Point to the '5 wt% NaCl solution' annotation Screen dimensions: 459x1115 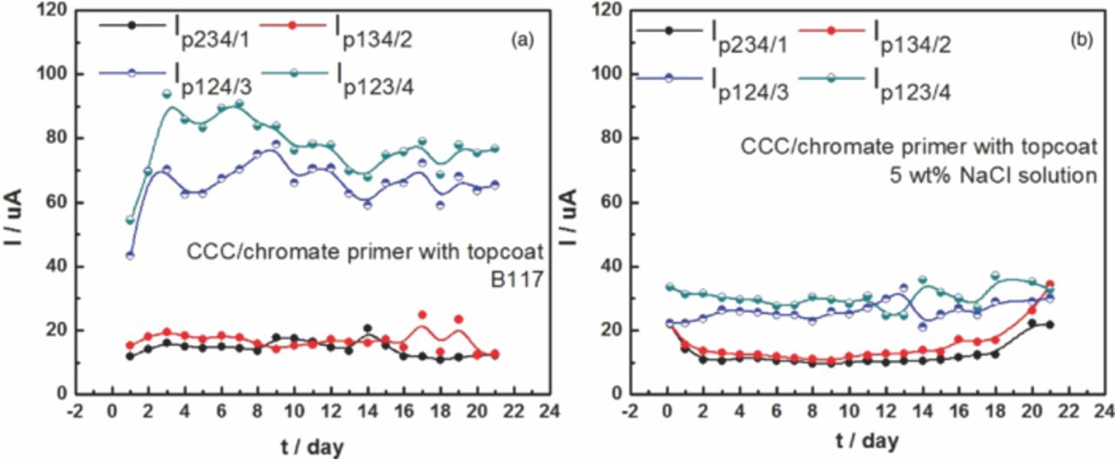[988, 175]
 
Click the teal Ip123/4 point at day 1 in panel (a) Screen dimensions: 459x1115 [130, 220]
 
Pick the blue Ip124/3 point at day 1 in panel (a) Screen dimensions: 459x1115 [130, 255]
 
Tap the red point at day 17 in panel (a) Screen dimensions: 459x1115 [422, 314]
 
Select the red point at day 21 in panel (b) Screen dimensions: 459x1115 [1073, 284]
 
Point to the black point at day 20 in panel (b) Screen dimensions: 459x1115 [1056, 323]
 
